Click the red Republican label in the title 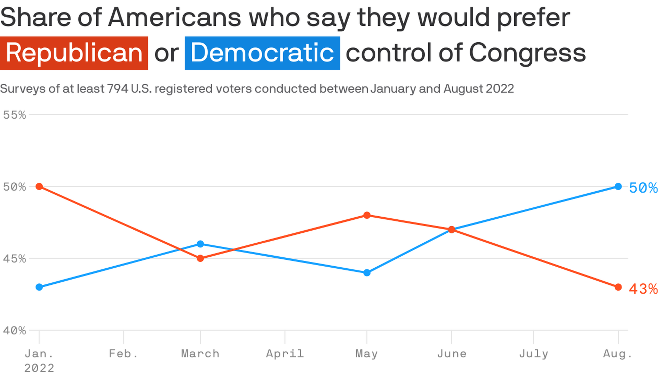74,53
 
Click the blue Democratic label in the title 262,53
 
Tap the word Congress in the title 527,53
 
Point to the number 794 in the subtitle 118,89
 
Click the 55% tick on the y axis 15,115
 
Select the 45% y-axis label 15,259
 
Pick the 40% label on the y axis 15,331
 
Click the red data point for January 39,186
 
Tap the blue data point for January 39,287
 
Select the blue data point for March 200,244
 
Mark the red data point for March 200,258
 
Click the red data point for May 367,215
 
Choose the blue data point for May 367,273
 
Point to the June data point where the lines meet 452,230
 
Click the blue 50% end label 643,188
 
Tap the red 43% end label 643,289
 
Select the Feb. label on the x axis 124,354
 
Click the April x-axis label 285,354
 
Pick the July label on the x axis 533,354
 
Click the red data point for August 618,287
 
